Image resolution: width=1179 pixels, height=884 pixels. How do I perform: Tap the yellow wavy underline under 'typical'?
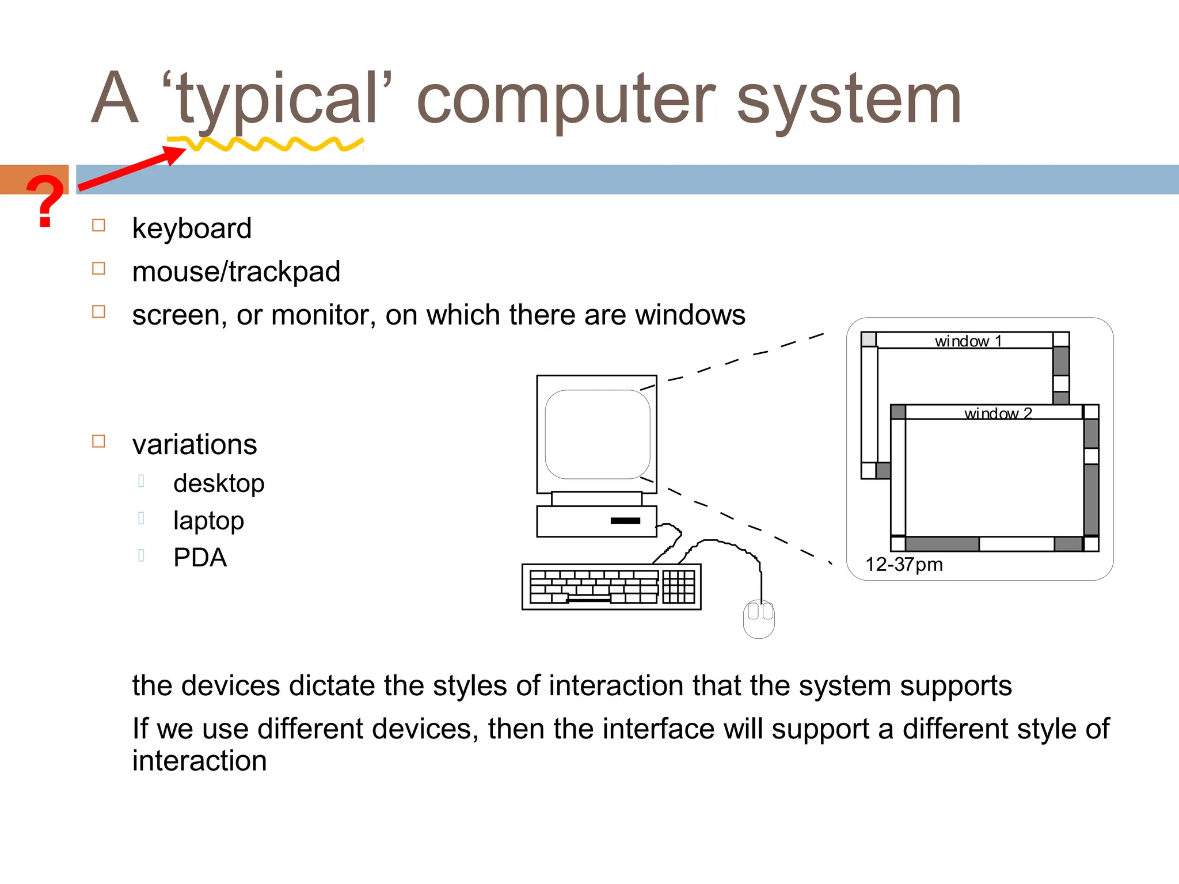coord(265,144)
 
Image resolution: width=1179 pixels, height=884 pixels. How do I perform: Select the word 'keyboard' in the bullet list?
coord(192,228)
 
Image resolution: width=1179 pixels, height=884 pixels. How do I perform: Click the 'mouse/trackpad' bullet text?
coord(236,272)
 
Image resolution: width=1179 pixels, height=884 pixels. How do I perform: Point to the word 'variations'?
coord(195,445)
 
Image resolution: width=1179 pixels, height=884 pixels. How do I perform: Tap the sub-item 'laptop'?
coord(208,521)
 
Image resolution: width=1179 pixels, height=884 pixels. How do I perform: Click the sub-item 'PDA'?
coord(200,558)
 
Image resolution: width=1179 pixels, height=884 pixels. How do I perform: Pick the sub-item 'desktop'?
coord(219,483)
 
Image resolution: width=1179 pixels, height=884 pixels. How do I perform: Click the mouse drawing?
coord(759,619)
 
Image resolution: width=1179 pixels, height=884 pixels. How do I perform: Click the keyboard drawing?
coord(611,586)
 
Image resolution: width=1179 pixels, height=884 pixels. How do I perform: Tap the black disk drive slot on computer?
coord(625,521)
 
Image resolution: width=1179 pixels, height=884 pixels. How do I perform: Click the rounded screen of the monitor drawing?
coord(598,435)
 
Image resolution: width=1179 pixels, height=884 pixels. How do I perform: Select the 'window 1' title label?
coord(968,341)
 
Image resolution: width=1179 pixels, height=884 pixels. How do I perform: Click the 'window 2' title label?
coord(998,413)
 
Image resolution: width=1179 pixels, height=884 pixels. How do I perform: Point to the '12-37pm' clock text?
coord(904,565)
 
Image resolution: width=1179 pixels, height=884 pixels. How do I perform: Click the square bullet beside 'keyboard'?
coord(99,225)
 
